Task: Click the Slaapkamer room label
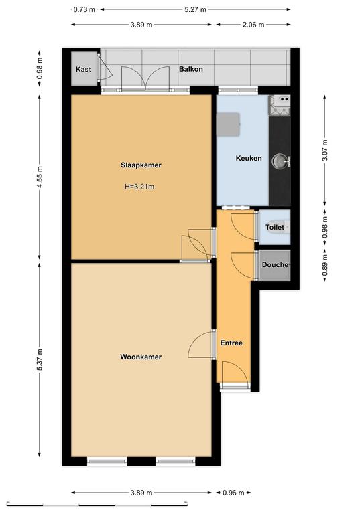coord(141,165)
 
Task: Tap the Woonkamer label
coord(141,357)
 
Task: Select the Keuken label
coord(249,159)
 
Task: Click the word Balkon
coord(190,69)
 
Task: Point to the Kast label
coord(83,69)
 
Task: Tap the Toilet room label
coord(275,227)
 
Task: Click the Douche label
coord(275,264)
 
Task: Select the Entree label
coord(231,343)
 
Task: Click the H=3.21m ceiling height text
coord(139,187)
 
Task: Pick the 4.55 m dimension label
coord(40,177)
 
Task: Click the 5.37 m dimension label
coord(40,359)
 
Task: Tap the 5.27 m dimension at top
coord(195,9)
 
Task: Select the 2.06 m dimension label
coord(253,25)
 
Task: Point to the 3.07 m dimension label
coord(325,151)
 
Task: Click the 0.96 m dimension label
coord(233,493)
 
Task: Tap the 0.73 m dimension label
coord(84,9)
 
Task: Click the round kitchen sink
coord(279,161)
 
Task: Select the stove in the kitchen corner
coord(280,105)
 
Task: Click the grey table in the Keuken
coord(228,124)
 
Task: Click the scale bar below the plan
coord(97,504)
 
